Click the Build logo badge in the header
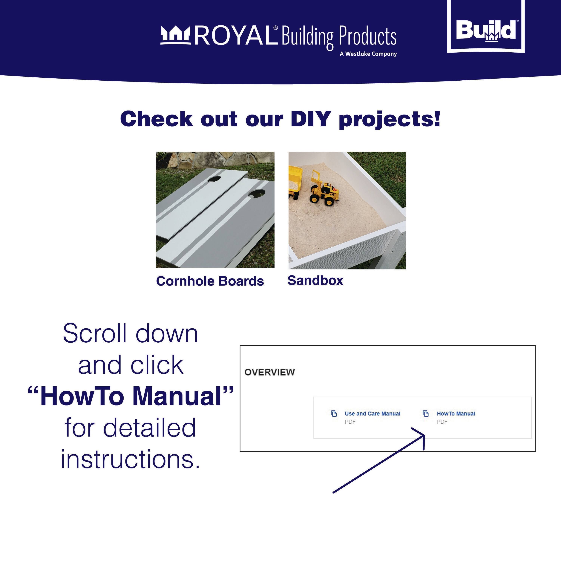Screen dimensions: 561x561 point(486,28)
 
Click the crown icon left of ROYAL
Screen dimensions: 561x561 point(175,35)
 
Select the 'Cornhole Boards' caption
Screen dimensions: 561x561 point(210,281)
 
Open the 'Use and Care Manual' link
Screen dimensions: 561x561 point(372,413)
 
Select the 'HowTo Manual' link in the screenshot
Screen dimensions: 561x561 point(456,413)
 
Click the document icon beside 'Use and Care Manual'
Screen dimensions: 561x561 point(334,413)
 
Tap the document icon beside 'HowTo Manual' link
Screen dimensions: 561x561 point(426,413)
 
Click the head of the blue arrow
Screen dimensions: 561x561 point(424,435)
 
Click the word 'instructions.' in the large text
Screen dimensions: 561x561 point(130,459)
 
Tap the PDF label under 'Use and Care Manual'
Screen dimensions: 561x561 point(350,422)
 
